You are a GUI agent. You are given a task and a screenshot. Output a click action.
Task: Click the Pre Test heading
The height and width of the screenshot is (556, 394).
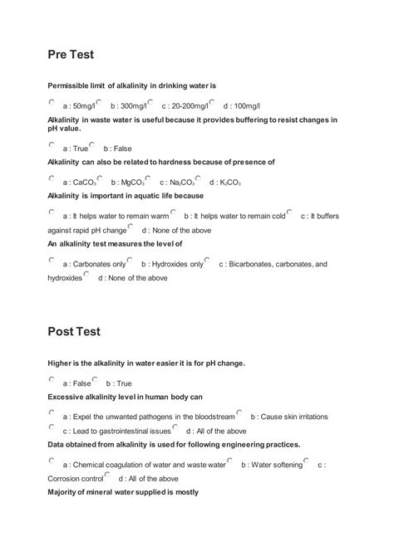tap(71, 55)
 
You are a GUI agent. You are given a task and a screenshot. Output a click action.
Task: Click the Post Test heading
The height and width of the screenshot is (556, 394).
tap(74, 331)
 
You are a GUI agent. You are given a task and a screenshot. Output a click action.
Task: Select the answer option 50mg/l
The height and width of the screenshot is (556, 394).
tap(79, 106)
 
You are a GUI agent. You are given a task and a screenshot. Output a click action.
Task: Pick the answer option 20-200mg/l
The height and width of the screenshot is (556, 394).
tap(184, 106)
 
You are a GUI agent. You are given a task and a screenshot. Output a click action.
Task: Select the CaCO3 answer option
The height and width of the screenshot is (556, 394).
tap(80, 182)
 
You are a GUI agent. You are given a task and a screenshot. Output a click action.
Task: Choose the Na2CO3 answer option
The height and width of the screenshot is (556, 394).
tap(175, 182)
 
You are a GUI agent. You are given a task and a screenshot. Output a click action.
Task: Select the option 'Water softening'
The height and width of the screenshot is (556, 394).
tap(275, 466)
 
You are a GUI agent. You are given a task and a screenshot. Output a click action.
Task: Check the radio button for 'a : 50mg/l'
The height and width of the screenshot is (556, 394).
tap(52, 103)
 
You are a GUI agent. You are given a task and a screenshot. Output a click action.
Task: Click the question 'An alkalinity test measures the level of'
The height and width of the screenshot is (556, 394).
tap(115, 244)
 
